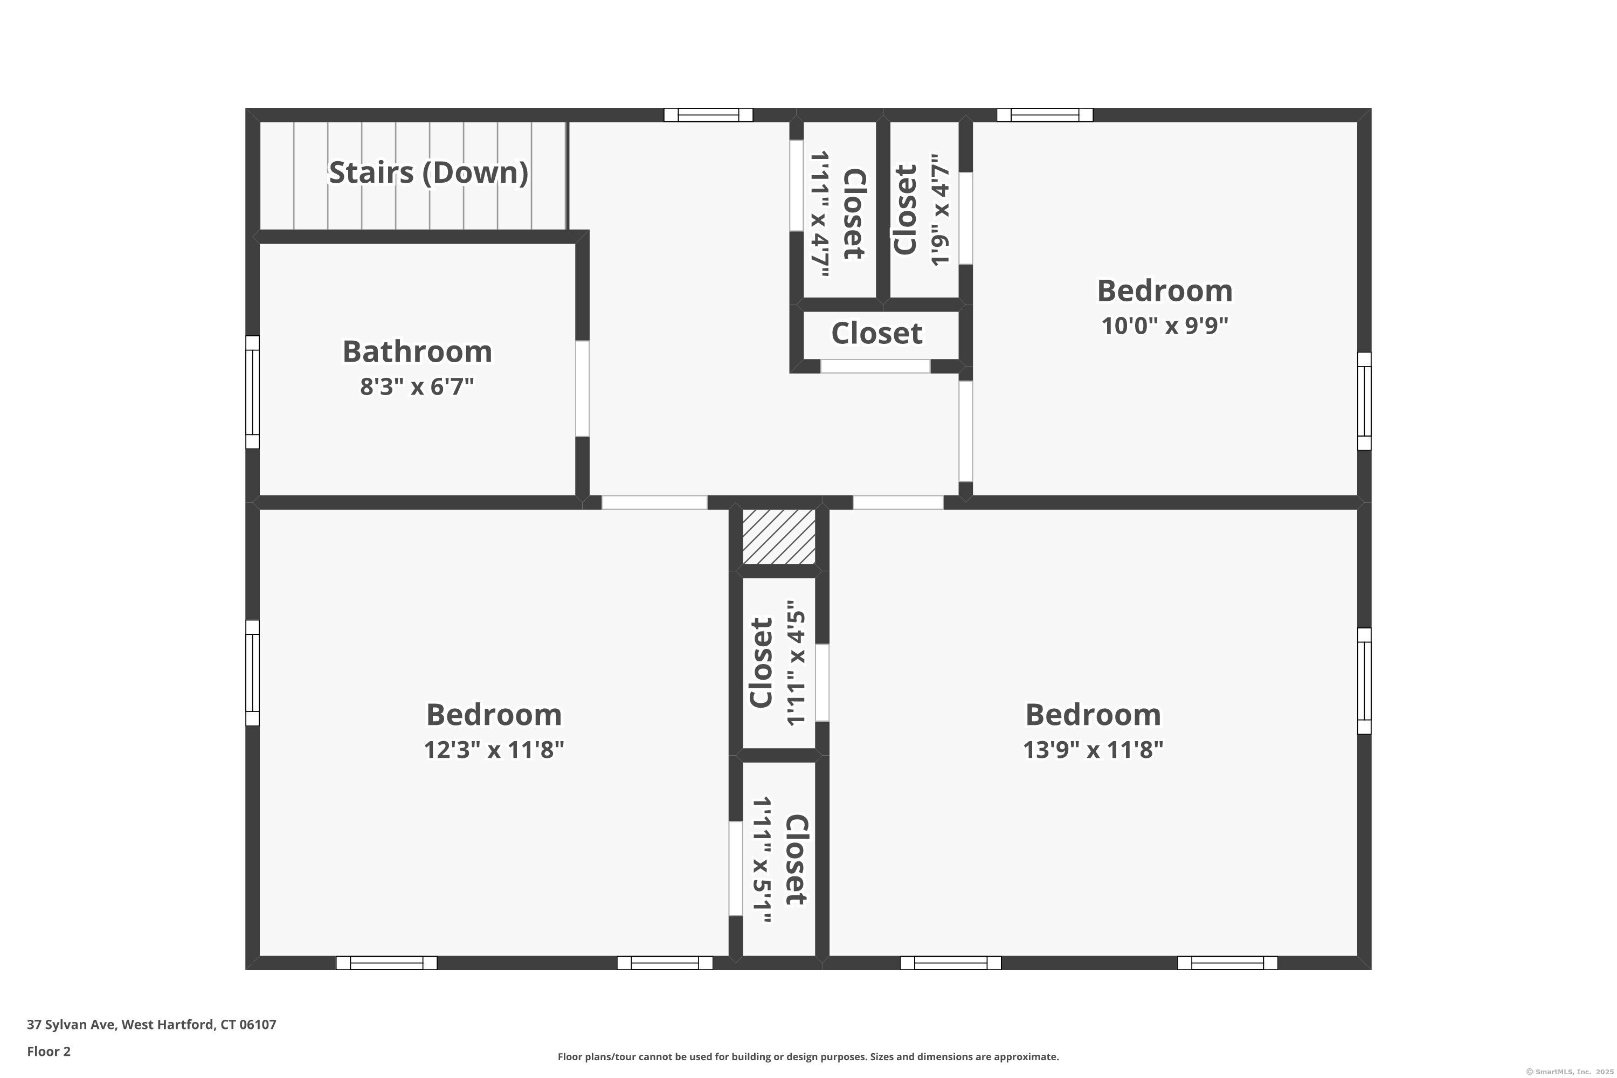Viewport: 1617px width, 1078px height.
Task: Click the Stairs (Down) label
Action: (x=429, y=172)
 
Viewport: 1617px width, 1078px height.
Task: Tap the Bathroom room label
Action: (x=417, y=351)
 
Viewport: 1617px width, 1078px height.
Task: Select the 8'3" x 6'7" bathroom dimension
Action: (x=417, y=386)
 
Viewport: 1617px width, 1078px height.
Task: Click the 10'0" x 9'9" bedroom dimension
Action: (x=1165, y=325)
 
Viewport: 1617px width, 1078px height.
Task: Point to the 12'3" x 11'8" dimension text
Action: (x=494, y=749)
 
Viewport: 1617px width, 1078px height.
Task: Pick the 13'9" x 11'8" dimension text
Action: (x=1093, y=749)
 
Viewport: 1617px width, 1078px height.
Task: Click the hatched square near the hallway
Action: (x=779, y=537)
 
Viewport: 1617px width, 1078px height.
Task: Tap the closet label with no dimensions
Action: (x=876, y=334)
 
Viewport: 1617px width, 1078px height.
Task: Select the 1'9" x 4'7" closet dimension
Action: (x=940, y=209)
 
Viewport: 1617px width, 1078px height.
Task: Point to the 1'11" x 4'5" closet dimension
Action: (x=796, y=663)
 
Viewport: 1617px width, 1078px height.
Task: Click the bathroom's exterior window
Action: (x=252, y=392)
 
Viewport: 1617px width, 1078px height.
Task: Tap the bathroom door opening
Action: (x=582, y=389)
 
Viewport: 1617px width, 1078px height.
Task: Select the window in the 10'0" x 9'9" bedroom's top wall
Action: (x=1045, y=115)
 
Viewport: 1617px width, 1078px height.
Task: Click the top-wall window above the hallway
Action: (x=708, y=115)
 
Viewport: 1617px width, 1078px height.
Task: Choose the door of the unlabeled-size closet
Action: (x=875, y=367)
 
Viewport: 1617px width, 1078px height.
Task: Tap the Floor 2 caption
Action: (x=49, y=1051)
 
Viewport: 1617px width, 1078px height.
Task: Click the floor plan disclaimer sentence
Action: (x=808, y=1056)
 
